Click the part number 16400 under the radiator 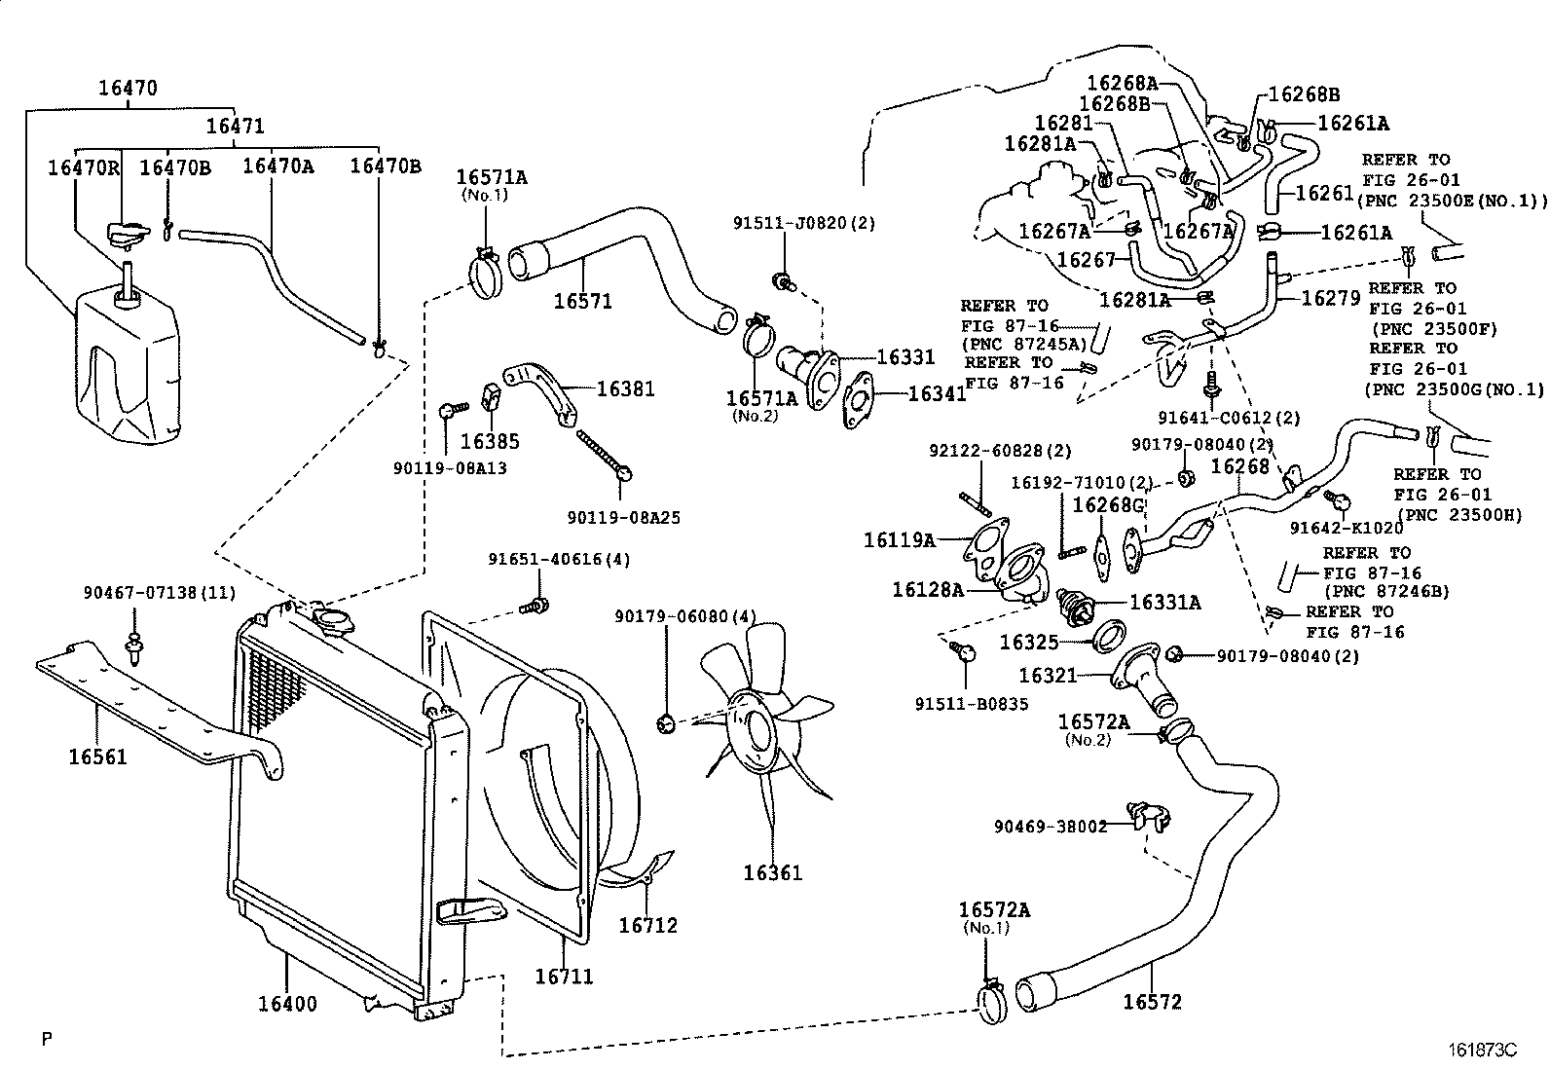[287, 1004]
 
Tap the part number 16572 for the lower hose [1152, 1002]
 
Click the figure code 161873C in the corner [1482, 1051]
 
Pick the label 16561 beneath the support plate [97, 756]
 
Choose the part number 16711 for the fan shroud [564, 977]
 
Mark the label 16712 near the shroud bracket [647, 925]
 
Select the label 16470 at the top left [128, 88]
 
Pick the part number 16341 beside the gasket [937, 393]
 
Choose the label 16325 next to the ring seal [1028, 643]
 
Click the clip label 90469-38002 [1051, 827]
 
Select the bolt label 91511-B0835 [972, 703]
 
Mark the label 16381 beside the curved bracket [625, 389]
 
